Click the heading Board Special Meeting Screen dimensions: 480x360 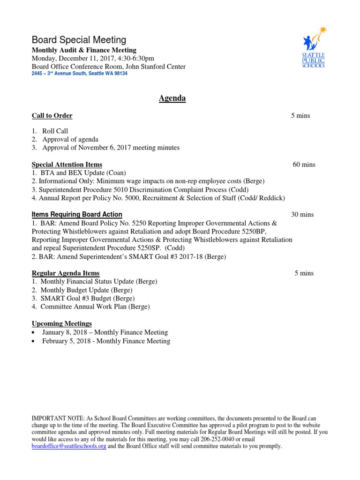(x=79, y=40)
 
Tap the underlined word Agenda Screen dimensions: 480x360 (x=172, y=98)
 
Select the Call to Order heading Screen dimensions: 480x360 (x=52, y=116)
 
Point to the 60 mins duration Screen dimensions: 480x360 (x=304, y=165)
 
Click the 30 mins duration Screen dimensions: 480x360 (x=302, y=215)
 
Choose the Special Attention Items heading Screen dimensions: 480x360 (x=67, y=165)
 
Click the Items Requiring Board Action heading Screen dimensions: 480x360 (x=77, y=215)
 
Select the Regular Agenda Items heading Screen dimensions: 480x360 (x=65, y=273)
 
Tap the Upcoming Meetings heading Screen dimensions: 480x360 (x=61, y=323)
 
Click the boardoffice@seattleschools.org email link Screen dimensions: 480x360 (x=69, y=446)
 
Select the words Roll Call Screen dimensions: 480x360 (x=55, y=131)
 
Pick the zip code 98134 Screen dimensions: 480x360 (x=120, y=74)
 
